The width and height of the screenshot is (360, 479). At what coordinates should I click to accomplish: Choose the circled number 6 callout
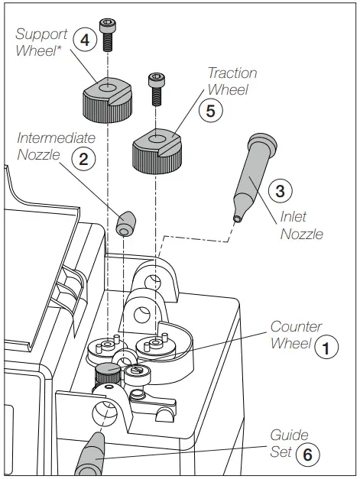306,453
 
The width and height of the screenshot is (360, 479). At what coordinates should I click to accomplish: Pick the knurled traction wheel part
156,149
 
